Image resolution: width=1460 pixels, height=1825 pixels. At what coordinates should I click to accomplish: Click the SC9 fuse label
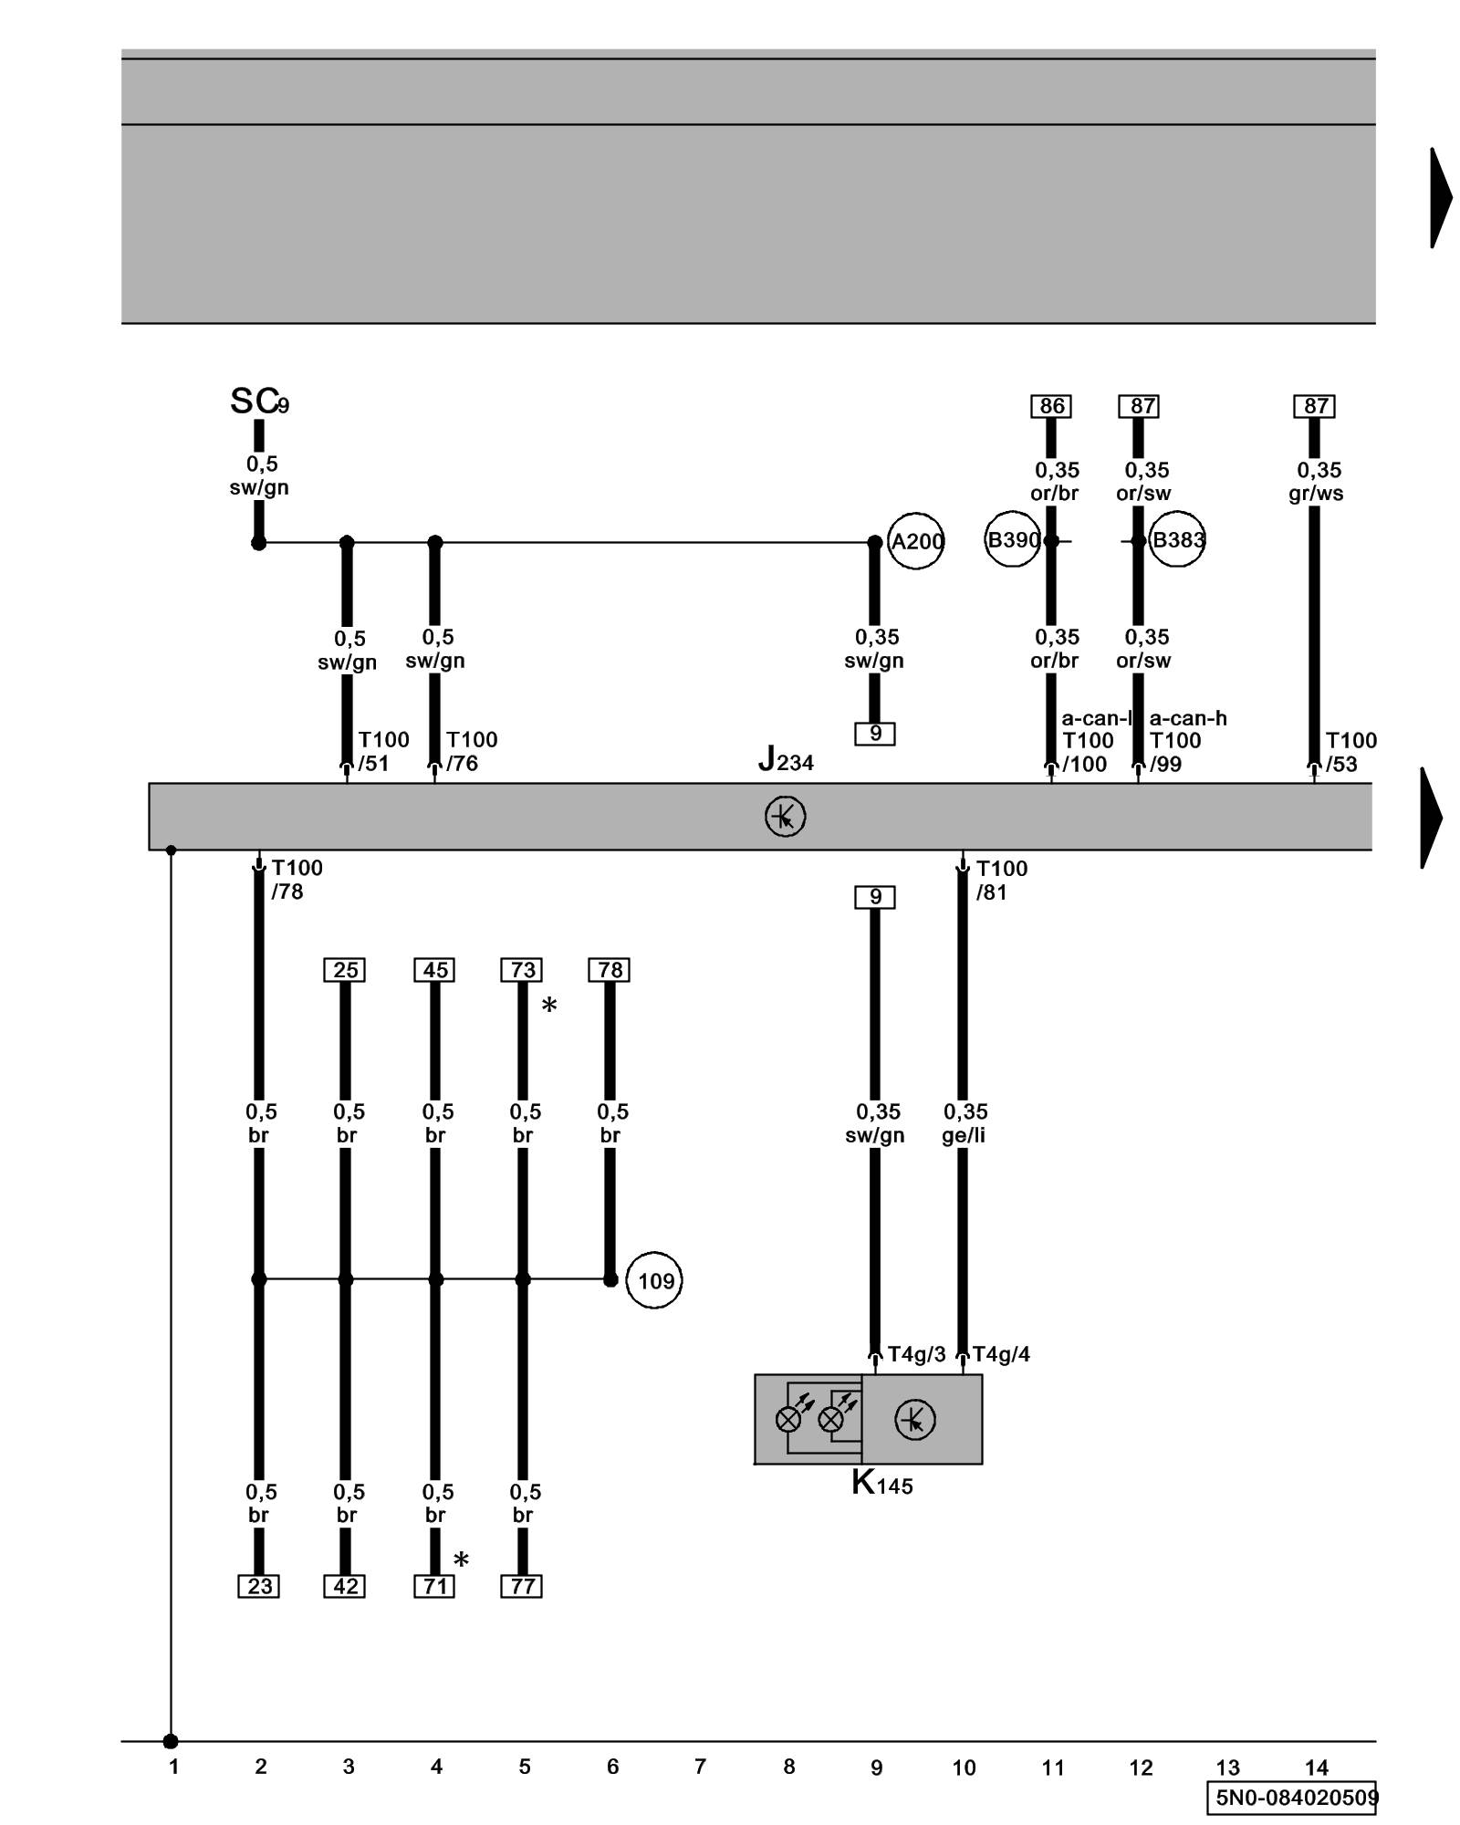pyautogui.click(x=258, y=401)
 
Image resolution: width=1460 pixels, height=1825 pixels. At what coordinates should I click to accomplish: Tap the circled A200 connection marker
pyautogui.click(x=915, y=542)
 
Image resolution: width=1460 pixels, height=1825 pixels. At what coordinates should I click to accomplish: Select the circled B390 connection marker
pyautogui.click(x=1012, y=539)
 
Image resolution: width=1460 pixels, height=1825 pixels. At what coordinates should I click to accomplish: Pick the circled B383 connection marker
pyautogui.click(x=1177, y=540)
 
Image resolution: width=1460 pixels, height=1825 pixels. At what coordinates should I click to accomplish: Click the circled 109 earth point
pyautogui.click(x=654, y=1280)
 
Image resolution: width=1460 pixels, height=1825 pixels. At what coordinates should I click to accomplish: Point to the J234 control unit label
pyautogui.click(x=785, y=759)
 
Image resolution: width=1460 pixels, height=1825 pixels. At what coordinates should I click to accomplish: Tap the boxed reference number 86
pyautogui.click(x=1051, y=406)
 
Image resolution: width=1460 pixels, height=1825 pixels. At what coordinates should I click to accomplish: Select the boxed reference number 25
pyautogui.click(x=345, y=970)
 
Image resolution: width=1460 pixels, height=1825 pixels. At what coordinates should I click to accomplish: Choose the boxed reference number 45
pyautogui.click(x=434, y=970)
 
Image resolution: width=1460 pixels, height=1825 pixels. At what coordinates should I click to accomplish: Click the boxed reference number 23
pyautogui.click(x=258, y=1587)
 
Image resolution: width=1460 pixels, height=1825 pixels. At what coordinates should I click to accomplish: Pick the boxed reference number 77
pyautogui.click(x=522, y=1587)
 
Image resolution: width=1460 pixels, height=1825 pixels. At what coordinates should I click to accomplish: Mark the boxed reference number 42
pyautogui.click(x=345, y=1587)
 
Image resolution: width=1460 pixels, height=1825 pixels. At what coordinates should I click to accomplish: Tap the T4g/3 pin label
pyautogui.click(x=916, y=1354)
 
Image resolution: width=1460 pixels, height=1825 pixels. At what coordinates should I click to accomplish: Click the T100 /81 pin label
pyautogui.click(x=1001, y=880)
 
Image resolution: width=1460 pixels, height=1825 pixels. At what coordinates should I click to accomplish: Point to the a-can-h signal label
pyautogui.click(x=1188, y=718)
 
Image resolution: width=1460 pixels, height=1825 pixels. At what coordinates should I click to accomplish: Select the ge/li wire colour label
pyautogui.click(x=964, y=1135)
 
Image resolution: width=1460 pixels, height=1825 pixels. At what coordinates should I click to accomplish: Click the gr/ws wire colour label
pyautogui.click(x=1316, y=494)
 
